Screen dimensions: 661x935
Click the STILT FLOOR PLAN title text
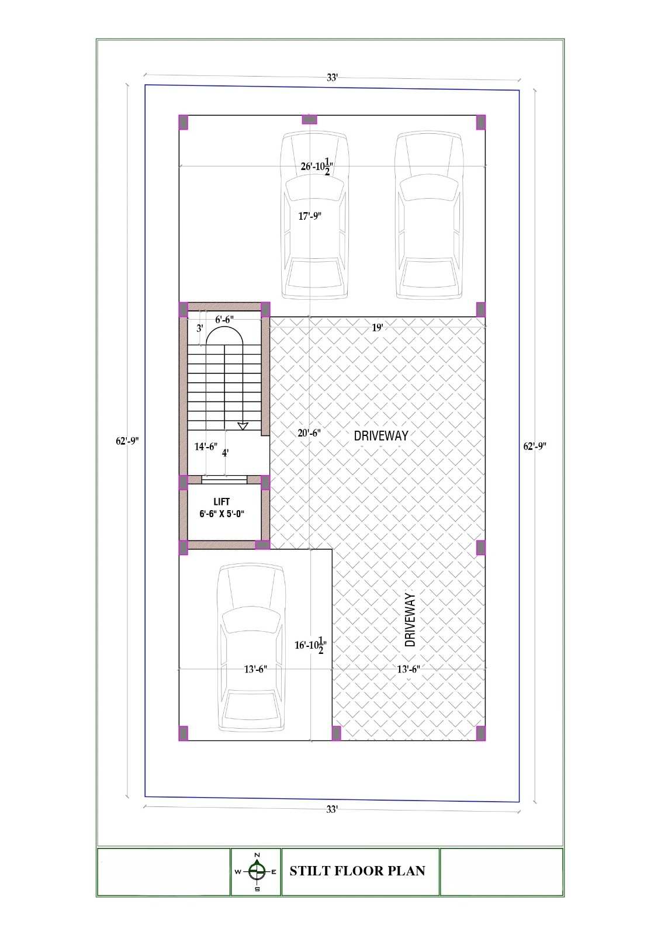click(358, 871)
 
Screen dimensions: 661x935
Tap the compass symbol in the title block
click(257, 871)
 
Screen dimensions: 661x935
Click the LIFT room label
click(222, 508)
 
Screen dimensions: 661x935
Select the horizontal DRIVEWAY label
click(381, 436)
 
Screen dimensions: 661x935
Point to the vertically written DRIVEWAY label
click(410, 620)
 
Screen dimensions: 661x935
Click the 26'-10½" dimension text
click(317, 166)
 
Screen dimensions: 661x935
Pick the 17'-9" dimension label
click(309, 216)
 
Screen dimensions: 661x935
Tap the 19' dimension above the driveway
click(377, 328)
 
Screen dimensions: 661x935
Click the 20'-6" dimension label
click(309, 433)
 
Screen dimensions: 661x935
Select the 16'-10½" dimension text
click(310, 645)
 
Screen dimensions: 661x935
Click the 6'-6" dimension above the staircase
click(224, 320)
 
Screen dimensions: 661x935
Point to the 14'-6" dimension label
click(206, 446)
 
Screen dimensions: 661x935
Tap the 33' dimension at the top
click(332, 78)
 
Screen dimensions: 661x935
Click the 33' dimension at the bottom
click(331, 809)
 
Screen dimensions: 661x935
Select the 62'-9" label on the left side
click(127, 441)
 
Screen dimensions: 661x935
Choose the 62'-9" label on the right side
click(535, 446)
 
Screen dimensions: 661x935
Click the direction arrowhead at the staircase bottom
click(243, 426)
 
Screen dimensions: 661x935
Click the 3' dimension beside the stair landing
click(200, 328)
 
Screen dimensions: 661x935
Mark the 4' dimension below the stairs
click(225, 453)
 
